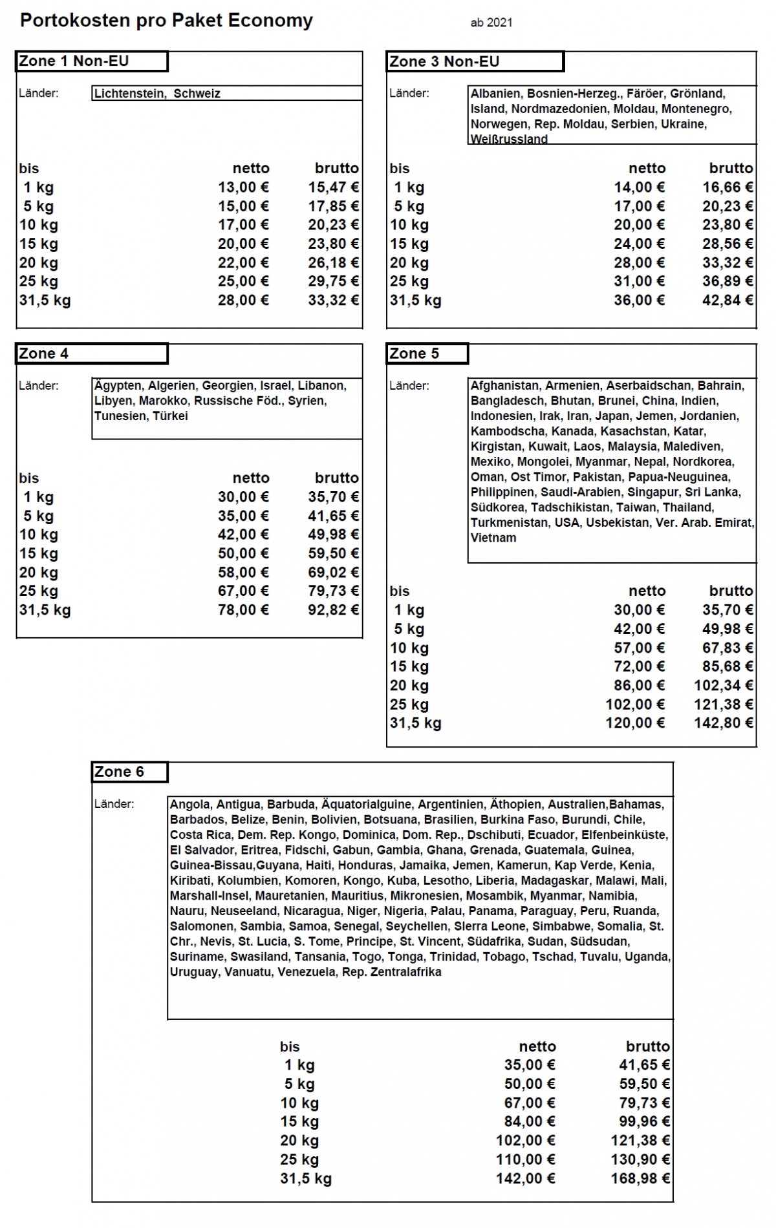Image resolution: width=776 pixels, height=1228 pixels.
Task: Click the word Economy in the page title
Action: [270, 21]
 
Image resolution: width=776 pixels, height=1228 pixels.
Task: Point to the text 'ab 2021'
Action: [491, 23]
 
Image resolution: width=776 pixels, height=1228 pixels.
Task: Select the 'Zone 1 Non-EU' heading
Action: [74, 61]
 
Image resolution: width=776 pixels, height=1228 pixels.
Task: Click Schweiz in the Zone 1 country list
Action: [197, 94]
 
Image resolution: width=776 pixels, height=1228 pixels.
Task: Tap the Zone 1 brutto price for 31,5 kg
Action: [333, 300]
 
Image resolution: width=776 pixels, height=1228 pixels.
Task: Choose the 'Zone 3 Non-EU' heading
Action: [444, 62]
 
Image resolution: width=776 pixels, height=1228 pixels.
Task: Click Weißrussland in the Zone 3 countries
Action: [509, 139]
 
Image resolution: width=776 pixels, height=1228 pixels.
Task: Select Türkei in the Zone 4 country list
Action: [170, 416]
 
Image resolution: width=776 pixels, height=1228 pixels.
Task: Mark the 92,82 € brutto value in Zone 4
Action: [333, 609]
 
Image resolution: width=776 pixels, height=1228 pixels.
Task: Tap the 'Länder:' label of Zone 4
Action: [39, 386]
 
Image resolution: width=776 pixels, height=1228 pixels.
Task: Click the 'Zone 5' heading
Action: [414, 354]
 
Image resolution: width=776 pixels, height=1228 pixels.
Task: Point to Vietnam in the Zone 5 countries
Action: [493, 538]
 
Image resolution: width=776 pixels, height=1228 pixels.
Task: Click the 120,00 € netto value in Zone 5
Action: [634, 723]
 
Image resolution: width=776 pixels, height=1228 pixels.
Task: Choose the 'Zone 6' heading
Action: [120, 772]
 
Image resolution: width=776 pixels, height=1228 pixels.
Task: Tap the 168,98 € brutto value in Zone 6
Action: [640, 1178]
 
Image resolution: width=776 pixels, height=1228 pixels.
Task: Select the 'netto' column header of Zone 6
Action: [537, 1046]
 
